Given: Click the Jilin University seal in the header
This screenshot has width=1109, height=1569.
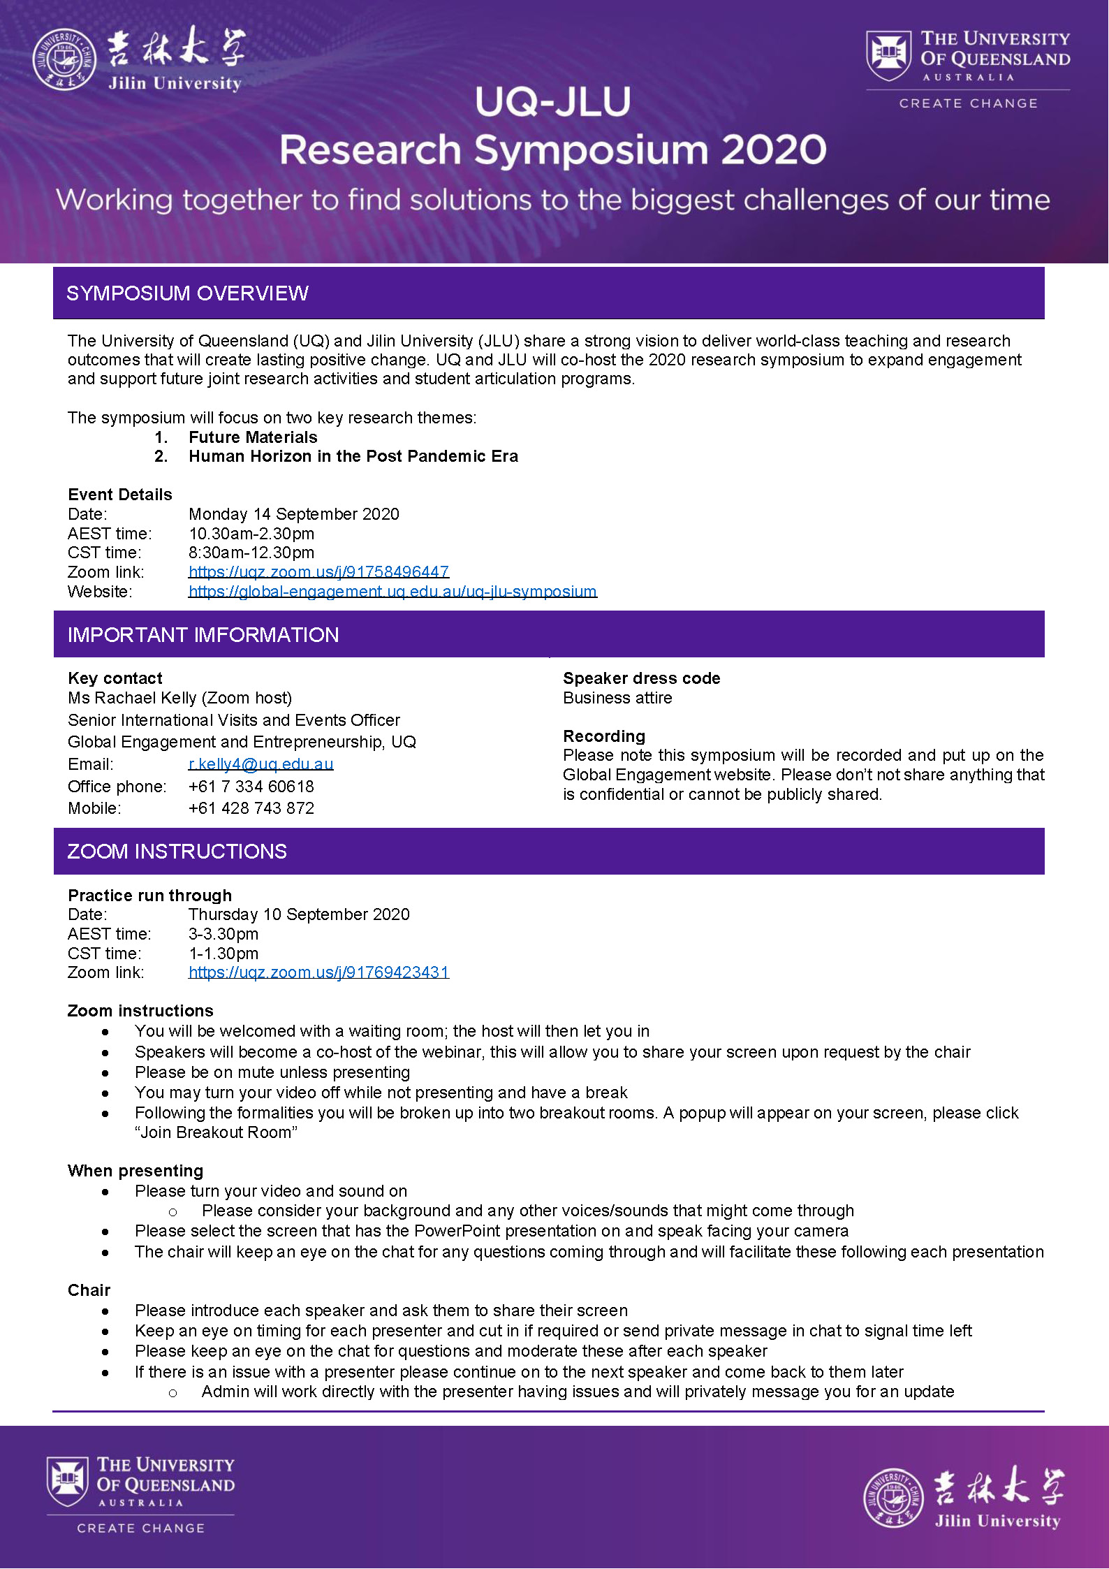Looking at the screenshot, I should tap(64, 60).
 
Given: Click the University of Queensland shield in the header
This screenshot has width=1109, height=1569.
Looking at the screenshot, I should tap(888, 55).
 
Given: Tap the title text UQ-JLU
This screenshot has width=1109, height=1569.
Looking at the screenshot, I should tap(553, 102).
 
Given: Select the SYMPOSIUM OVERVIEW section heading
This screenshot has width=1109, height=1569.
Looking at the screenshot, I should tap(187, 293).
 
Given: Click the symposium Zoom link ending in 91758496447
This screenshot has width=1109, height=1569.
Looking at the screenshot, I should tap(318, 572).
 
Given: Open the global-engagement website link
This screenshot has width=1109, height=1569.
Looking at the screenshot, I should tap(392, 592).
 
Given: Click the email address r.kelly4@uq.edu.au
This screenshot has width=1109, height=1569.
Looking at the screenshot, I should tap(260, 764).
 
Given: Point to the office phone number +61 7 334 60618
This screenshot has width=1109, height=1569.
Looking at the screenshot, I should tap(251, 787).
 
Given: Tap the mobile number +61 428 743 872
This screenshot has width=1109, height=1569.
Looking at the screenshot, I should tap(251, 808).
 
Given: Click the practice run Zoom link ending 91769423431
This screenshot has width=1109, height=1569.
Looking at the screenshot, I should tap(318, 972).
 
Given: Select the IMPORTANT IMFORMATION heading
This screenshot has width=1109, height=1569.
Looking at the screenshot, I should tap(203, 635).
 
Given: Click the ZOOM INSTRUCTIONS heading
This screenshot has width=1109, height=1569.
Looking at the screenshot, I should tap(177, 852).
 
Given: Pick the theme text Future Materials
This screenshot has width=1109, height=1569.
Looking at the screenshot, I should tap(253, 437).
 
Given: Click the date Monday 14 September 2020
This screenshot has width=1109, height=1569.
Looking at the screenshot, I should tap(294, 514).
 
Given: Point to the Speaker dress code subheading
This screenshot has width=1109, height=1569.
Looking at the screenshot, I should tap(641, 678).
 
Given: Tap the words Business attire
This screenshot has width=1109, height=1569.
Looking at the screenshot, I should tap(617, 698).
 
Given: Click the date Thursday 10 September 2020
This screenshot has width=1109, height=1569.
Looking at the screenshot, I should tap(299, 914).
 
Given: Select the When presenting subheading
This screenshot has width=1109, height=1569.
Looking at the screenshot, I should tap(135, 1171).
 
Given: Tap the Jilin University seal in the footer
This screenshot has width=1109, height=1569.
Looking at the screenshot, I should tap(893, 1498).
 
